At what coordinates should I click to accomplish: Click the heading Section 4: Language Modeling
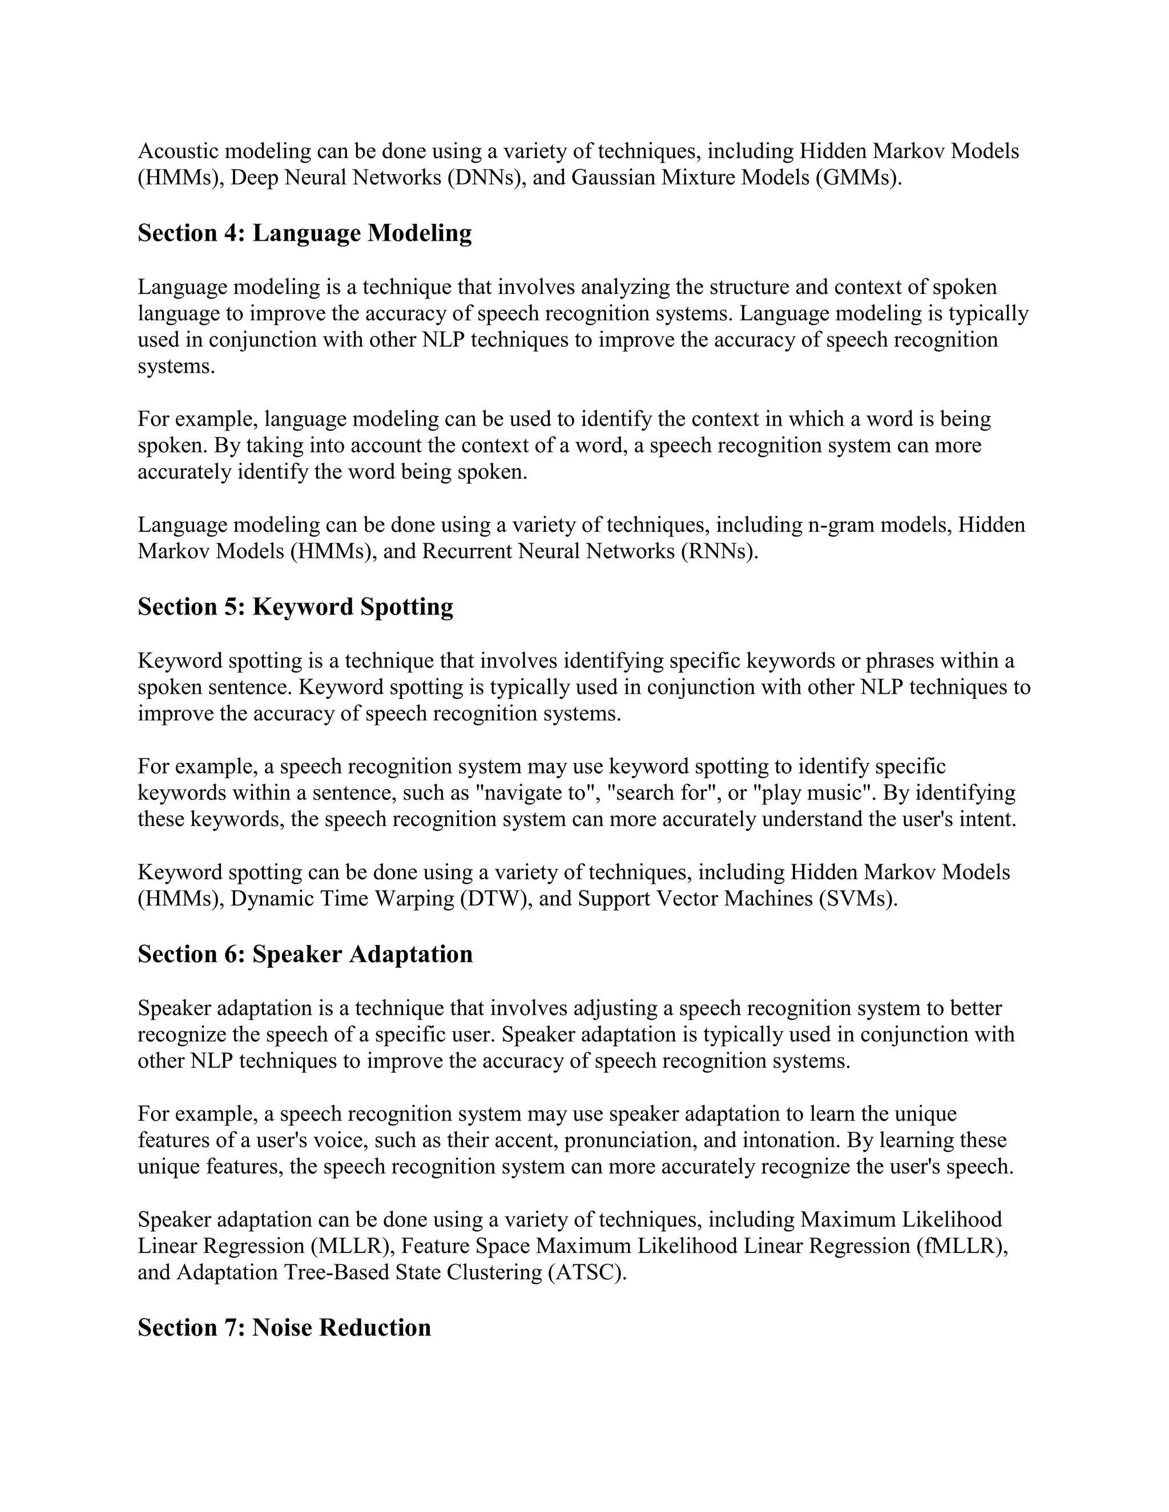(305, 233)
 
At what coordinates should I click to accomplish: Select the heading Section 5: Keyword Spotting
(295, 607)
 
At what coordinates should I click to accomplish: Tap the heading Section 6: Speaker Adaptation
(305, 955)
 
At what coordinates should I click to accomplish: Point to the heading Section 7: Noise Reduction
(284, 1328)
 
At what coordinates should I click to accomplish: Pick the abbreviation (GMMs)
(858, 178)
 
